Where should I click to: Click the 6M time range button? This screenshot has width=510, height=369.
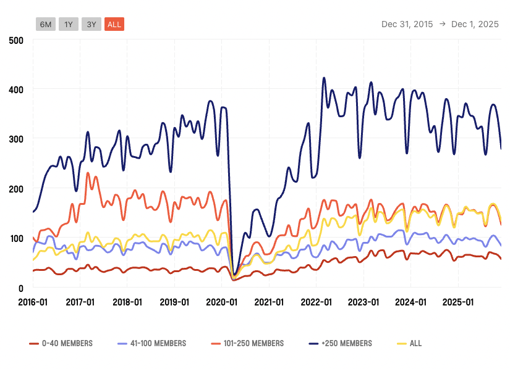(x=46, y=24)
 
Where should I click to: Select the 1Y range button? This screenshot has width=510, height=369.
(x=69, y=24)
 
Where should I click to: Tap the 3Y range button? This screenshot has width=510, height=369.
(x=91, y=24)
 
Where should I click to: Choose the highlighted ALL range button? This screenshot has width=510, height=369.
(x=114, y=24)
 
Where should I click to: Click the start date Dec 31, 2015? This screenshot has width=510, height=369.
(x=406, y=24)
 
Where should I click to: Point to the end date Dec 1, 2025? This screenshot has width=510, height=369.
(x=475, y=24)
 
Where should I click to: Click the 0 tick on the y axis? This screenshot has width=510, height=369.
(x=20, y=288)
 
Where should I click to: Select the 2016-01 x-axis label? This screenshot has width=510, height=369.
(x=32, y=302)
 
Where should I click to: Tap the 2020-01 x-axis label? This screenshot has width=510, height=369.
(x=221, y=302)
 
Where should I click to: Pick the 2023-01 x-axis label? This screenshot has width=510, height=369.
(x=363, y=302)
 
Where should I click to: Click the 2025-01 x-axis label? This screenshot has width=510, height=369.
(x=458, y=302)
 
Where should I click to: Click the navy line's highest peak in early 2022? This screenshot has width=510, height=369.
(x=324, y=78)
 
